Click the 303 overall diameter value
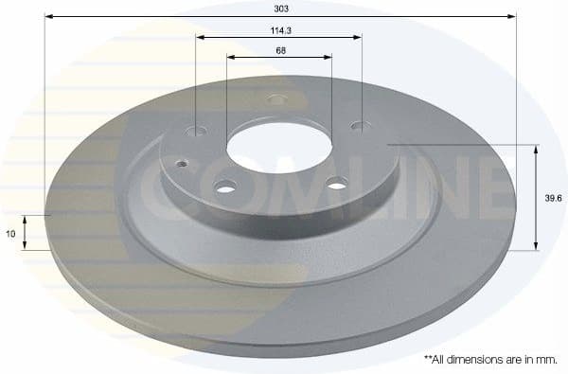click(x=279, y=8)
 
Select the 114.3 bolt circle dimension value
click(x=279, y=29)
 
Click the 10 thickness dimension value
click(x=9, y=231)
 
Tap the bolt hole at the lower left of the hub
click(x=224, y=187)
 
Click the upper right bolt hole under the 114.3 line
click(x=358, y=124)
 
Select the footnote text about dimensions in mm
click(x=489, y=360)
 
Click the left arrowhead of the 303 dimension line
click(x=48, y=17)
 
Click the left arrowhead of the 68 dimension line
click(x=231, y=57)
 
